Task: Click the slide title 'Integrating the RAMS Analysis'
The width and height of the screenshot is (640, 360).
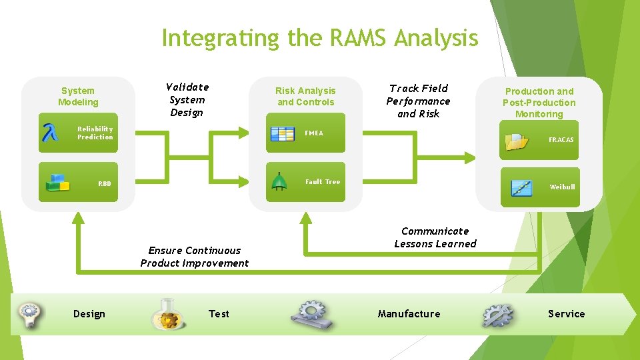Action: pos(319,38)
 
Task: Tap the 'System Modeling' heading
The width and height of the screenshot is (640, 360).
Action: pos(78,97)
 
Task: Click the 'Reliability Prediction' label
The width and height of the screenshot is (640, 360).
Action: pos(95,133)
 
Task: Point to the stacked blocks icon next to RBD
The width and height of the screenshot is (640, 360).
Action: pos(57,183)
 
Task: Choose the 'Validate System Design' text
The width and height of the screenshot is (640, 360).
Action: pos(187,100)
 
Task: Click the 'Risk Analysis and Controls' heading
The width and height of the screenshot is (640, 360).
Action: pos(305,97)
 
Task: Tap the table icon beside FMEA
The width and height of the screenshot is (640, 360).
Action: pos(283,133)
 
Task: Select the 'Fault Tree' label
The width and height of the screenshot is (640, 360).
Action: pos(322,181)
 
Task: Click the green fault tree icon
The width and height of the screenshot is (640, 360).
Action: pos(279,182)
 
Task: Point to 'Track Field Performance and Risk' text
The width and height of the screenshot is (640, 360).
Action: pos(418,101)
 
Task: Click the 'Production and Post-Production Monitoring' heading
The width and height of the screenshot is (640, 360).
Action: pos(539,103)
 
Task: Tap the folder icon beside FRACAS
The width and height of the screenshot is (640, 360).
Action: pos(517,141)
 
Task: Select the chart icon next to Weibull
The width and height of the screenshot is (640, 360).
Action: pos(521,187)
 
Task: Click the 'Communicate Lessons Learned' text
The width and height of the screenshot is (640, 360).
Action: pos(435,237)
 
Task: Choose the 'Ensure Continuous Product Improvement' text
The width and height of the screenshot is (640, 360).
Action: pos(194,257)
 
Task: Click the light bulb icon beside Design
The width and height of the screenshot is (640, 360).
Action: pos(30,313)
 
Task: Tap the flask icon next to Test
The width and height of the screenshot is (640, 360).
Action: pos(167,315)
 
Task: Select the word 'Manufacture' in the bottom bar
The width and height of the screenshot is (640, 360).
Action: pos(409,314)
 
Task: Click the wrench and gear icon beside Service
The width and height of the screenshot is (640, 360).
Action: pos(497,315)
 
